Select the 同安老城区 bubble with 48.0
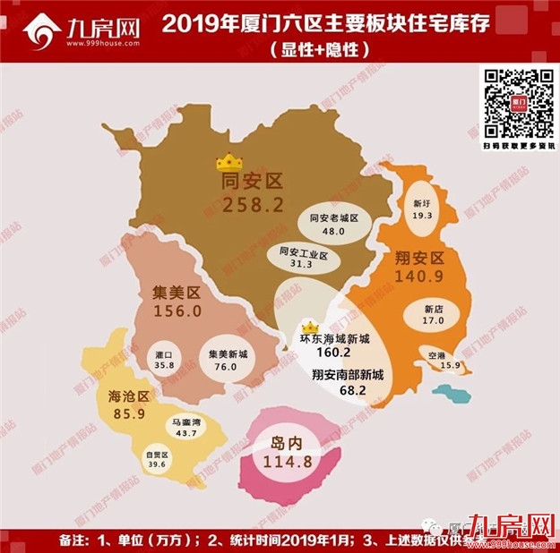tap(333, 224)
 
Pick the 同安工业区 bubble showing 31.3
tap(303, 259)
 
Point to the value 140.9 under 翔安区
tap(426, 280)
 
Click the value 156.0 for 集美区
tap(175, 311)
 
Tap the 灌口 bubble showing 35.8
tap(163, 361)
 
